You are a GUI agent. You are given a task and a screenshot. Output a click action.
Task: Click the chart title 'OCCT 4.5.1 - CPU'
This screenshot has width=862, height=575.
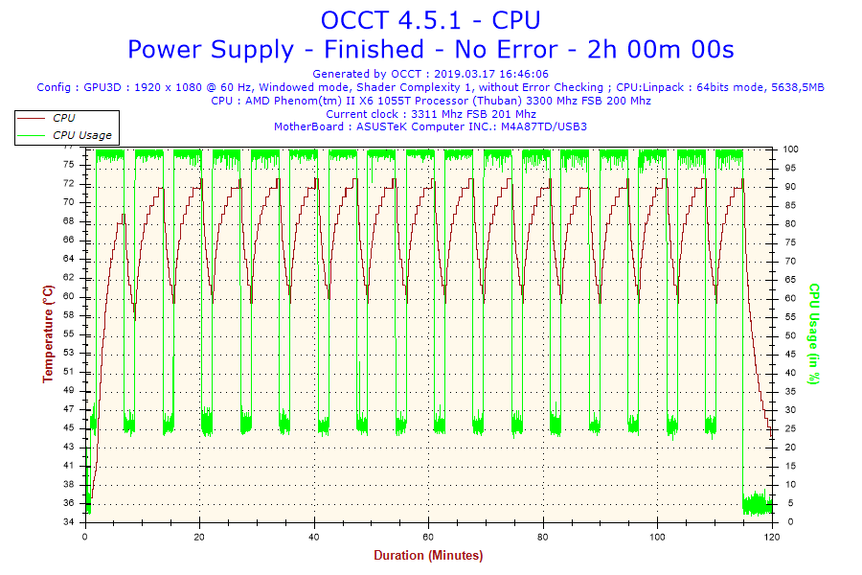click(x=430, y=19)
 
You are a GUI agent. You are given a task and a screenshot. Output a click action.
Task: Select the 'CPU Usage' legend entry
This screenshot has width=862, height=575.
click(x=81, y=135)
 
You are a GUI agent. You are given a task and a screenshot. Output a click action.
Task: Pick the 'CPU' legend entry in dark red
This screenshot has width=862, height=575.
click(x=64, y=118)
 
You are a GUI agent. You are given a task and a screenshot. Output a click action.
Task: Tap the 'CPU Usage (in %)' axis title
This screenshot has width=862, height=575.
click(x=815, y=333)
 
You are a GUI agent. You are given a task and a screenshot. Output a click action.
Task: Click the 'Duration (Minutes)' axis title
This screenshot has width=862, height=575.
click(x=428, y=555)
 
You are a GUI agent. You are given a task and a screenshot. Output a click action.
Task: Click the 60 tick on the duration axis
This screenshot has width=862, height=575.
click(x=428, y=537)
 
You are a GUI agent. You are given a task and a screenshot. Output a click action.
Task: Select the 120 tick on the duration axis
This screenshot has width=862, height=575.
click(x=772, y=537)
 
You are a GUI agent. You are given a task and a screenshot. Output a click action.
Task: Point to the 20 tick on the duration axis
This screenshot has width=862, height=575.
click(x=199, y=537)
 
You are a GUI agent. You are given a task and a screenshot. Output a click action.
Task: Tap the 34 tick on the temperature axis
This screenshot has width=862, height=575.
click(x=69, y=522)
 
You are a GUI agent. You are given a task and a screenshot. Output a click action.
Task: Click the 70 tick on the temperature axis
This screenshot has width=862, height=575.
click(x=69, y=202)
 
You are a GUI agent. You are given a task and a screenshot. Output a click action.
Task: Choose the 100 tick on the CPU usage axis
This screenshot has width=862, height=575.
click(x=792, y=149)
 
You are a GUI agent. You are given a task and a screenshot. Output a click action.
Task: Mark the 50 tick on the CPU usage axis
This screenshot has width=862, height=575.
click(x=790, y=335)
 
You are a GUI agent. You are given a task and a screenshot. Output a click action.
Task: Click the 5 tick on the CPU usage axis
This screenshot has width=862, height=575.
click(x=787, y=504)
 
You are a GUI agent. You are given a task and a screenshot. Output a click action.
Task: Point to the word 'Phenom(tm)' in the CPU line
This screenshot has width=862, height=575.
click(x=310, y=100)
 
